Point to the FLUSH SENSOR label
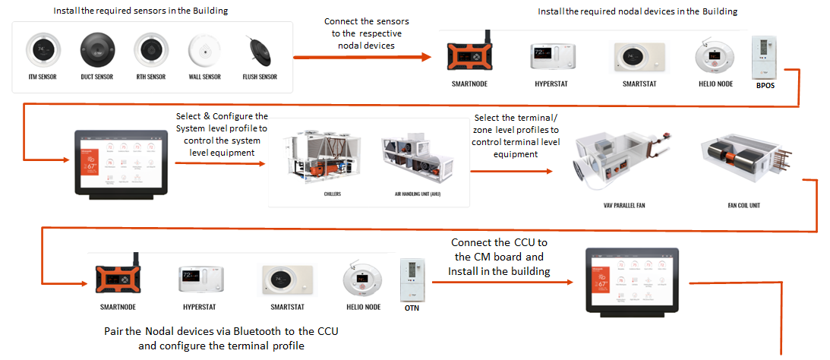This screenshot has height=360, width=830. coord(259,77)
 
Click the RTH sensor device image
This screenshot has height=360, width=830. coord(150,50)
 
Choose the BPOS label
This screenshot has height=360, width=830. coord(766,86)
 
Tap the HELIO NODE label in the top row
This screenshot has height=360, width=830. coord(715,84)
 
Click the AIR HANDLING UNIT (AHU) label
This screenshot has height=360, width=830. coord(418,194)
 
